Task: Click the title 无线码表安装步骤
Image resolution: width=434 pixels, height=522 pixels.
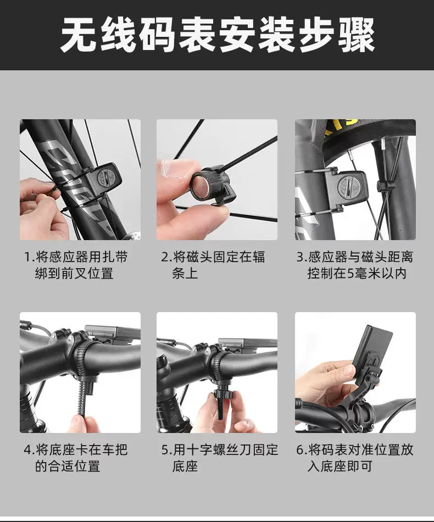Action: pyautogui.click(x=218, y=35)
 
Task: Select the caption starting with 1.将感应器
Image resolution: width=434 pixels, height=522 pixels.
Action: pyautogui.click(x=76, y=265)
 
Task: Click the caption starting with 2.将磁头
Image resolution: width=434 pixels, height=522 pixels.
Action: pyautogui.click(x=213, y=265)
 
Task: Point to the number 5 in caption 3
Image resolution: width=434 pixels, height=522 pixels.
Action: pyautogui.click(x=351, y=274)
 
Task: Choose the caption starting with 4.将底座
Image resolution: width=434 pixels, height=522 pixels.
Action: pyautogui.click(x=76, y=458)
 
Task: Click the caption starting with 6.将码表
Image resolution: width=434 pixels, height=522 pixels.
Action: pyautogui.click(x=355, y=458)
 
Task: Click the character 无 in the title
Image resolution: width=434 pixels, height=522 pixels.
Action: pyautogui.click(x=79, y=35)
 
